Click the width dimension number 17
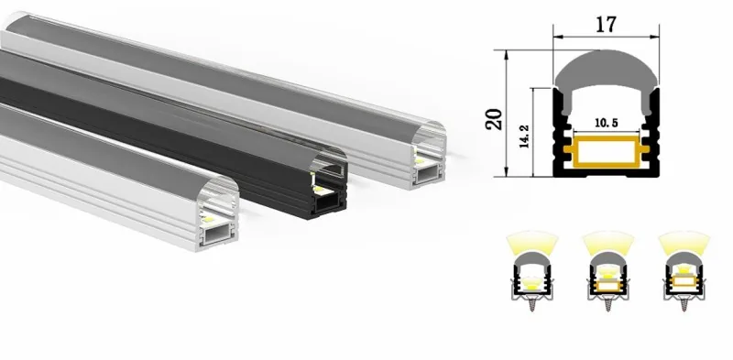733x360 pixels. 606,25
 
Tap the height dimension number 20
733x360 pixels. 494,119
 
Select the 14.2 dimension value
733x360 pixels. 524,136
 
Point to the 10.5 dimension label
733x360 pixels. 607,123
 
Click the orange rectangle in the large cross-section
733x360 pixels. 607,151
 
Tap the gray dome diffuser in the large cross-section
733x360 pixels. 607,80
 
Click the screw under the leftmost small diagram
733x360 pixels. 532,304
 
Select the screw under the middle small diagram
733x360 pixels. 607,304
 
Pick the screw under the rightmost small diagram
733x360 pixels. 684,304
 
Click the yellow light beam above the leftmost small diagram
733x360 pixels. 532,243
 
